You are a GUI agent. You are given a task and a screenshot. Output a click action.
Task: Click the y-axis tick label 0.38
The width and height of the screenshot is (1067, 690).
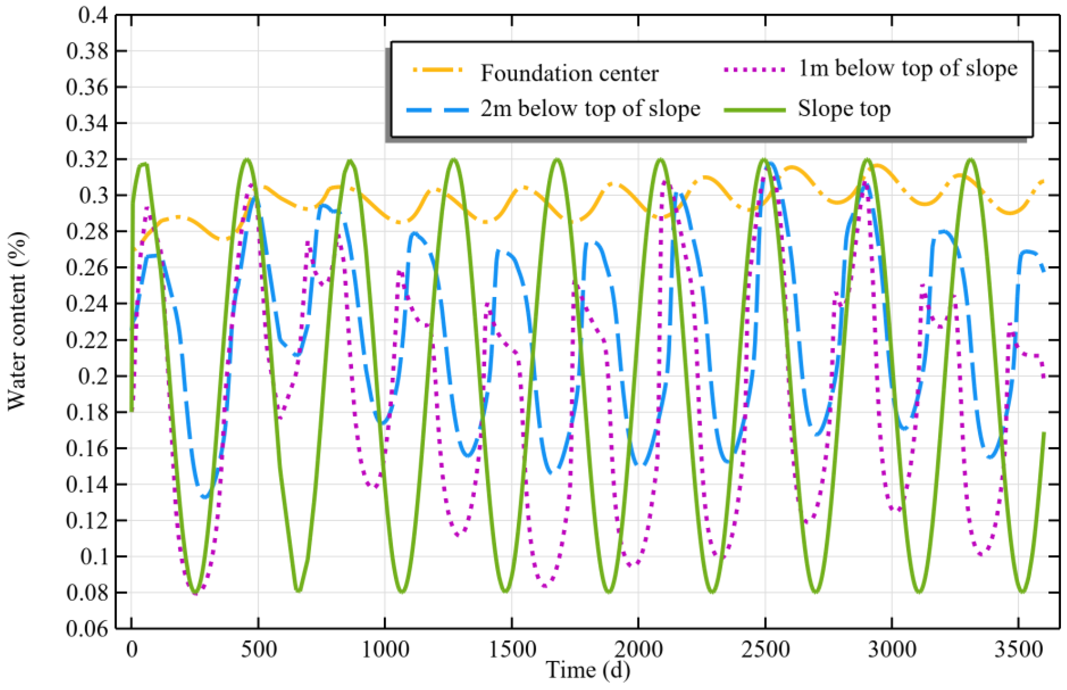(87, 51)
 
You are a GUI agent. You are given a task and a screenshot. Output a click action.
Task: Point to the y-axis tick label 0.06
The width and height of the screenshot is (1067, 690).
(87, 629)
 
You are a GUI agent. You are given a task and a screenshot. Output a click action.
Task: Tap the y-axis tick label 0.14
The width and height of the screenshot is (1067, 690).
(87, 484)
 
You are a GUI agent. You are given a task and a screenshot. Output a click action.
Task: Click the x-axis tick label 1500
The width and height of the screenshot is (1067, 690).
(512, 650)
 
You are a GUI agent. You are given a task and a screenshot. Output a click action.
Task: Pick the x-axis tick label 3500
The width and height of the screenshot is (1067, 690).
(1019, 650)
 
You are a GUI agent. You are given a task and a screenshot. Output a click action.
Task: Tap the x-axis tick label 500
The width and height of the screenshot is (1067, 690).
(259, 650)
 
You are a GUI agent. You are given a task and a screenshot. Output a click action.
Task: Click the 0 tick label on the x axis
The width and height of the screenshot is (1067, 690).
(132, 650)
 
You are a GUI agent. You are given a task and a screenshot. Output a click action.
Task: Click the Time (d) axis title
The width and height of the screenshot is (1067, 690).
(588, 671)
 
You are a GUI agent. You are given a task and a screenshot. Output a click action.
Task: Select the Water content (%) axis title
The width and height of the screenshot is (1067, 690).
(17, 321)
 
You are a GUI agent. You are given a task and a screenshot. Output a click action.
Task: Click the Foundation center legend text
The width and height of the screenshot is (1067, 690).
(570, 73)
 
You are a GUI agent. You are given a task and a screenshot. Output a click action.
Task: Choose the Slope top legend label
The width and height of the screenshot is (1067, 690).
(844, 109)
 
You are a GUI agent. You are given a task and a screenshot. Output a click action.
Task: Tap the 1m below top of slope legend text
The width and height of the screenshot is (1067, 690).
(908, 69)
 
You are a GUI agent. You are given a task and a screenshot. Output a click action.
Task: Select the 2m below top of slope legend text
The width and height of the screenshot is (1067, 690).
(590, 109)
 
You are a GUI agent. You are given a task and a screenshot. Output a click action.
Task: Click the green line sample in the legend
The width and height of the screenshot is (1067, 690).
(755, 110)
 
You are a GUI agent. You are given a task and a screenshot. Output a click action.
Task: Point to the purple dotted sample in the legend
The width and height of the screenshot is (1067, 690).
(755, 69)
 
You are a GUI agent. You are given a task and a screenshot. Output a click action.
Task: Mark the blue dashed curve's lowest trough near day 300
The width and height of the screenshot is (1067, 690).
(205, 496)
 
